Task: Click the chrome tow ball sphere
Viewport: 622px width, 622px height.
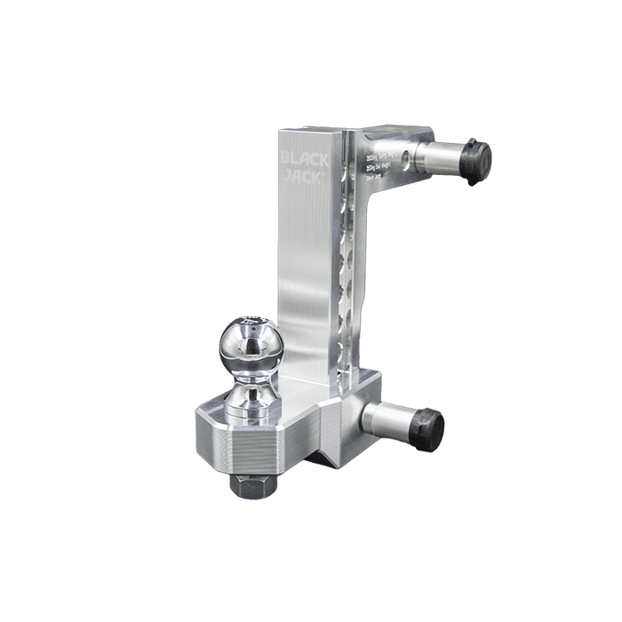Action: (x=250, y=342)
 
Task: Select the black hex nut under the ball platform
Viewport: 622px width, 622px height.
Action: (x=253, y=484)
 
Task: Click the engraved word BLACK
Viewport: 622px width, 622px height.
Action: (x=305, y=160)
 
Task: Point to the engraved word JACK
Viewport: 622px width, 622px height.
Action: (x=305, y=177)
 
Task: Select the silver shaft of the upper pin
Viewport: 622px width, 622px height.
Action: (x=442, y=158)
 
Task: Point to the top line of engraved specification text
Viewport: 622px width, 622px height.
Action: (x=380, y=153)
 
